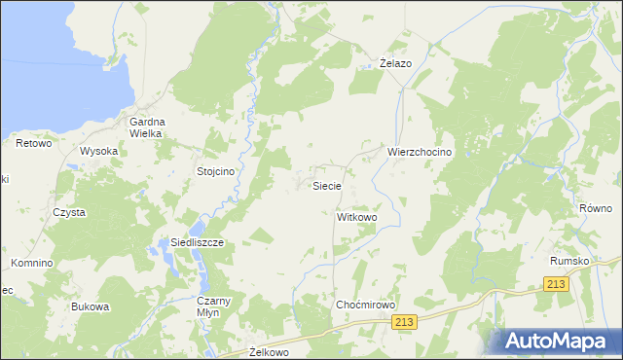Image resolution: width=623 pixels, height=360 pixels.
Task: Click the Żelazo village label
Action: pos(395,63)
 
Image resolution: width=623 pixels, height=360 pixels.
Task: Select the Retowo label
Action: pos(33,143)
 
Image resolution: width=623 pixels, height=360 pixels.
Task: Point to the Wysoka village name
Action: pos(99,151)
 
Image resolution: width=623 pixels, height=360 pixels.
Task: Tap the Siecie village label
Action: pos(325,185)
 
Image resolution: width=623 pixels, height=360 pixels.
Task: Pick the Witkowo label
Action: pos(356,217)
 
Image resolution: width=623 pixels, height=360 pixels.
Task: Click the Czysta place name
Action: pos(70,212)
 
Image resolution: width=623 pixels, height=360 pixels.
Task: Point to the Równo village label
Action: pos(595,208)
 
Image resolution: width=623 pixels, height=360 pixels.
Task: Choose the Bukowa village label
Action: pos(90,306)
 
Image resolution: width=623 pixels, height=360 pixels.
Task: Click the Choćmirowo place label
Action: pos(365,305)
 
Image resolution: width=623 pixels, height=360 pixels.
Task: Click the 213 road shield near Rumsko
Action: pos(554,283)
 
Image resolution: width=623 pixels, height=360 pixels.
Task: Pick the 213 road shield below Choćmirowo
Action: pos(406,322)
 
